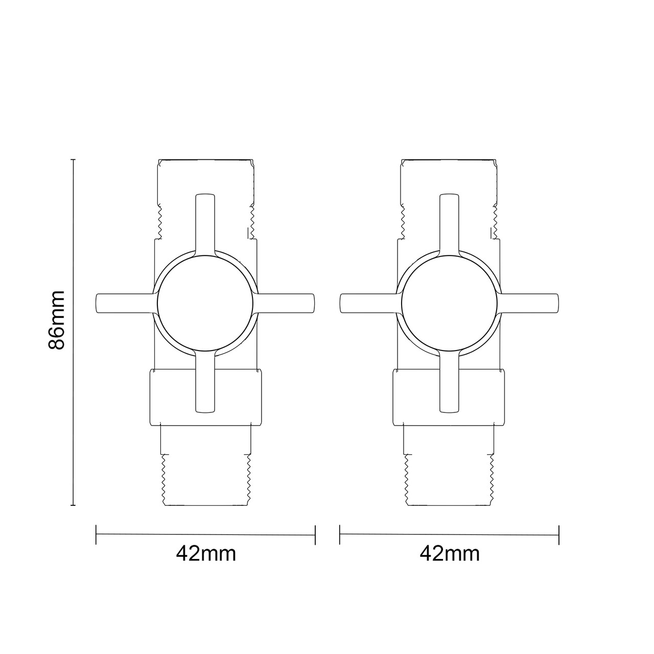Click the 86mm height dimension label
[x=57, y=319]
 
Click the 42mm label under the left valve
[x=206, y=553]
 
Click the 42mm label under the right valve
[x=450, y=553]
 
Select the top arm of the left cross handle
[x=205, y=222]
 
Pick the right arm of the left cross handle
[x=286, y=303]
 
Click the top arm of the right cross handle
[x=449, y=222]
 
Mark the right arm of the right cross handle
[x=530, y=303]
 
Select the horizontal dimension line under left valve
[x=205, y=534]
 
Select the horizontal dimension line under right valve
[x=449, y=534]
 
